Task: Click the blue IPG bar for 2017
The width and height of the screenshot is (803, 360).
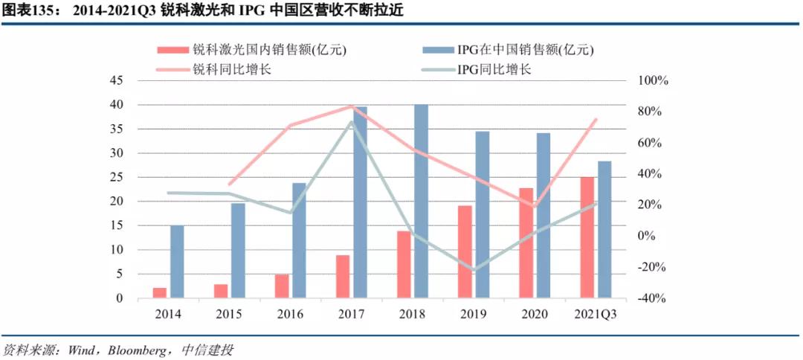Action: click(x=361, y=202)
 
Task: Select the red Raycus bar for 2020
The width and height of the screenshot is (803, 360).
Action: click(x=526, y=243)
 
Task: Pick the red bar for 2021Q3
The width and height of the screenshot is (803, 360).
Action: click(x=587, y=237)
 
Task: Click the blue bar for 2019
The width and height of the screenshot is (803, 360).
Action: click(x=483, y=215)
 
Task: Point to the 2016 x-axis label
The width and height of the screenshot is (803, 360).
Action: click(x=290, y=315)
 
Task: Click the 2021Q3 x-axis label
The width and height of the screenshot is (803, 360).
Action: click(x=596, y=315)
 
